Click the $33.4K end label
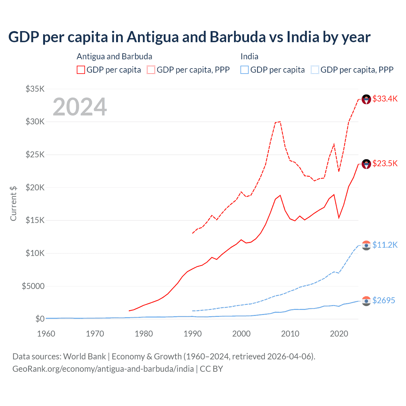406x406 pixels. (385, 99)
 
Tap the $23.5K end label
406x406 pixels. (385, 163)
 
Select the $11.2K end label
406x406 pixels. (385, 245)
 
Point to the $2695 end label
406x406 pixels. (383, 300)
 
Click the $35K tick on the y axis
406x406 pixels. (35, 89)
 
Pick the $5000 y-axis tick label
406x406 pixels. (33, 286)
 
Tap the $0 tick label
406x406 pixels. (40, 319)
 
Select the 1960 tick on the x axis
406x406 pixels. (46, 334)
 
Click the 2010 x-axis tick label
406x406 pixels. (290, 334)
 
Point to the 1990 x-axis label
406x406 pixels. (193, 334)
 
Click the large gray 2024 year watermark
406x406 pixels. (80, 107)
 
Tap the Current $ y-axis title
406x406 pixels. (13, 203)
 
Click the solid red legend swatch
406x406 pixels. (81, 70)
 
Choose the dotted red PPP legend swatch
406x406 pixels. (151, 70)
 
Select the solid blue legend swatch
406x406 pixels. (245, 70)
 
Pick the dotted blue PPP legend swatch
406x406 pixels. (315, 70)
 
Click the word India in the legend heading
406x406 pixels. (249, 56)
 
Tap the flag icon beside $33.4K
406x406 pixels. (366, 99)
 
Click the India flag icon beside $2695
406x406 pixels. (366, 301)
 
